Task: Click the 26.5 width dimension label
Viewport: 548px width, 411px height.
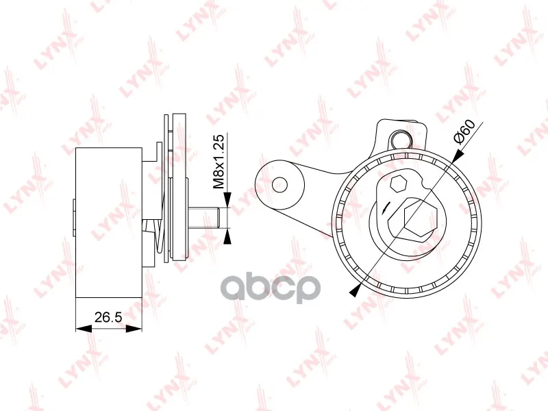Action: coord(108,317)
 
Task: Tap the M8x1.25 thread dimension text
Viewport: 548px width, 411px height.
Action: coord(219,162)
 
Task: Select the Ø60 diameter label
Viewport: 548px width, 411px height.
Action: coord(464,132)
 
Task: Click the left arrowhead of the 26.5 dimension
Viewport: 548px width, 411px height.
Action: coord(84,329)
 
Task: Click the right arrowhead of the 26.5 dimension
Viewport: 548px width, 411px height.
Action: coord(134,329)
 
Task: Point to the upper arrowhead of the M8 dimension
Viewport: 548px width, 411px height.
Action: coord(227,199)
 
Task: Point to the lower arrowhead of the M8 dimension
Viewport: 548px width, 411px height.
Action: coord(227,237)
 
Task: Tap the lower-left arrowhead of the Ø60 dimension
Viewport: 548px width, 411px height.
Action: coord(355,290)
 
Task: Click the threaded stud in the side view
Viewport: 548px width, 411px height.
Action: coord(204,218)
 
